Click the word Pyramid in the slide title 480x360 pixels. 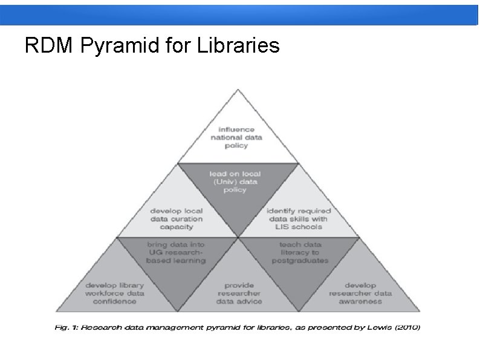[123, 46]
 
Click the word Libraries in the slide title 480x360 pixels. [238, 45]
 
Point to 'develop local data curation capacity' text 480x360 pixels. [177, 219]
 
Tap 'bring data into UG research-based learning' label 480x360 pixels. [176, 252]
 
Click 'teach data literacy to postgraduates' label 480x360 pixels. [300, 252]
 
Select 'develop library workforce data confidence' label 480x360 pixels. [115, 293]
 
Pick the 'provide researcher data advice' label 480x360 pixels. [239, 293]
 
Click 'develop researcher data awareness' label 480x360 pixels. [360, 293]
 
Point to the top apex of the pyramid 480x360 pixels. [238, 91]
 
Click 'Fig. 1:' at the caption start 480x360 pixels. [64, 327]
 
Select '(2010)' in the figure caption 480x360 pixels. [406, 327]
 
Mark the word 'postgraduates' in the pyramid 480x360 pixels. [300, 260]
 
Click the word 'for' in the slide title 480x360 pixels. [180, 45]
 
